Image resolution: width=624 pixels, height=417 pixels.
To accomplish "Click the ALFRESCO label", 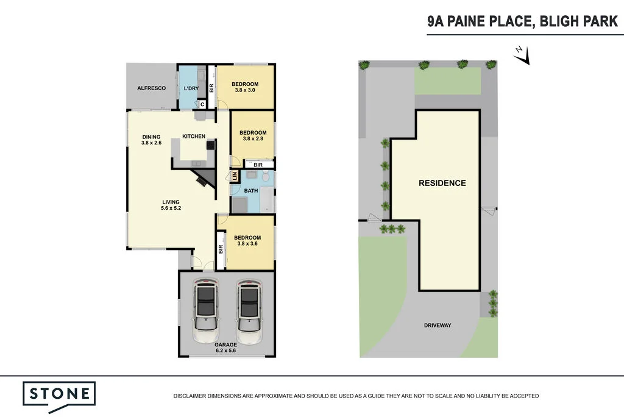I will pyautogui.click(x=151, y=88).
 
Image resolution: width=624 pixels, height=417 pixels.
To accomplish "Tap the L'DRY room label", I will pyautogui.click(x=191, y=88).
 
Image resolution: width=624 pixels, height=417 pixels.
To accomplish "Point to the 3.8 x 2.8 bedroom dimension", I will pyautogui.click(x=253, y=140).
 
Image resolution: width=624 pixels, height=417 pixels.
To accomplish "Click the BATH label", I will pyautogui.click(x=251, y=191).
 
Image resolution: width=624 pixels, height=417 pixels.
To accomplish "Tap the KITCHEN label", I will pyautogui.click(x=194, y=136).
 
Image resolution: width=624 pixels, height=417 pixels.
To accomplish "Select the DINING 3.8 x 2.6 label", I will pyautogui.click(x=151, y=140).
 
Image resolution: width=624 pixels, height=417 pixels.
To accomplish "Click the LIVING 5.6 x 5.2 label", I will pyautogui.click(x=171, y=205).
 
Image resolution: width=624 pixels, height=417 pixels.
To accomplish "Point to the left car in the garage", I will pyautogui.click(x=207, y=312).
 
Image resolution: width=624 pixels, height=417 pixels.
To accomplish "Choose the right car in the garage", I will pyautogui.click(x=249, y=312).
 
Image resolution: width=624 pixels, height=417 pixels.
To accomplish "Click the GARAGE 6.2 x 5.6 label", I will pyautogui.click(x=226, y=348).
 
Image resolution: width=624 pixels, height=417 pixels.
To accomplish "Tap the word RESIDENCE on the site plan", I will pyautogui.click(x=442, y=183).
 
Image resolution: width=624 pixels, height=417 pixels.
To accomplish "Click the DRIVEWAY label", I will pyautogui.click(x=438, y=326).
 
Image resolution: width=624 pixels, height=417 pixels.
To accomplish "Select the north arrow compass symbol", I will pyautogui.click(x=522, y=56).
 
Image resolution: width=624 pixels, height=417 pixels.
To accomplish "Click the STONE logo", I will pyautogui.click(x=59, y=393).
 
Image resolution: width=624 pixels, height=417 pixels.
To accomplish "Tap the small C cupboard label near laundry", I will pyautogui.click(x=202, y=104).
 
